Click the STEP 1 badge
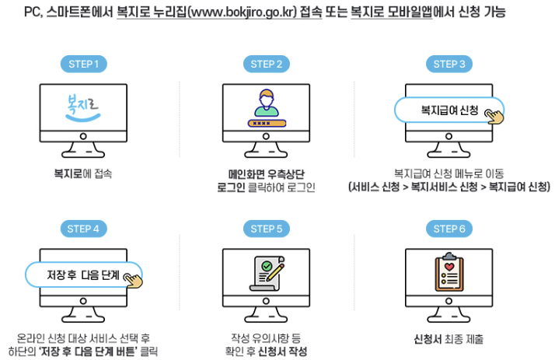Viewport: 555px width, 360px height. (x=82, y=64)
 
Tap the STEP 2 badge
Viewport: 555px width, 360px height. (x=267, y=64)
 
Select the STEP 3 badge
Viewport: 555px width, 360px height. (x=449, y=64)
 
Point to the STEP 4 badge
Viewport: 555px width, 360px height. (x=82, y=229)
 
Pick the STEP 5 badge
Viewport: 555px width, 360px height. (x=267, y=229)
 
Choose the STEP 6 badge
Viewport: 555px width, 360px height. (x=449, y=229)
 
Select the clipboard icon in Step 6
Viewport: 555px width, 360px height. (x=449, y=273)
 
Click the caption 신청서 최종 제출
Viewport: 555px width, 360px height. (x=449, y=339)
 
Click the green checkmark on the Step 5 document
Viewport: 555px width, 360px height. (x=267, y=267)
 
